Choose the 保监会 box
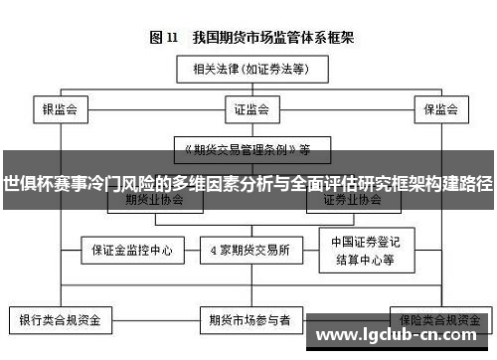coord(438,108)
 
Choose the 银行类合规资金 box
coord(63,322)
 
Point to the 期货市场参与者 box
coord(248,322)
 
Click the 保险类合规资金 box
coord(437,320)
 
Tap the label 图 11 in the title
coord(163,38)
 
